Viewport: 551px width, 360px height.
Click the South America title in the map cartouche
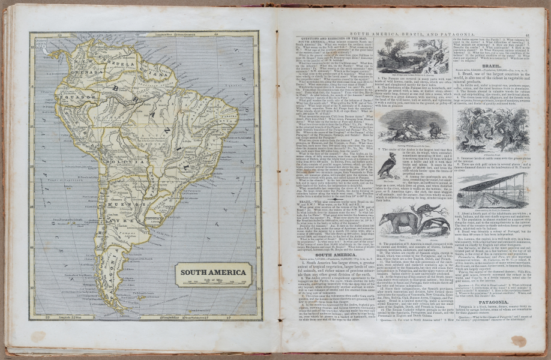click(213, 272)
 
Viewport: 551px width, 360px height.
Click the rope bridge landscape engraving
click(414, 57)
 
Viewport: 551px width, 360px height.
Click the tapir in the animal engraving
click(399, 222)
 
